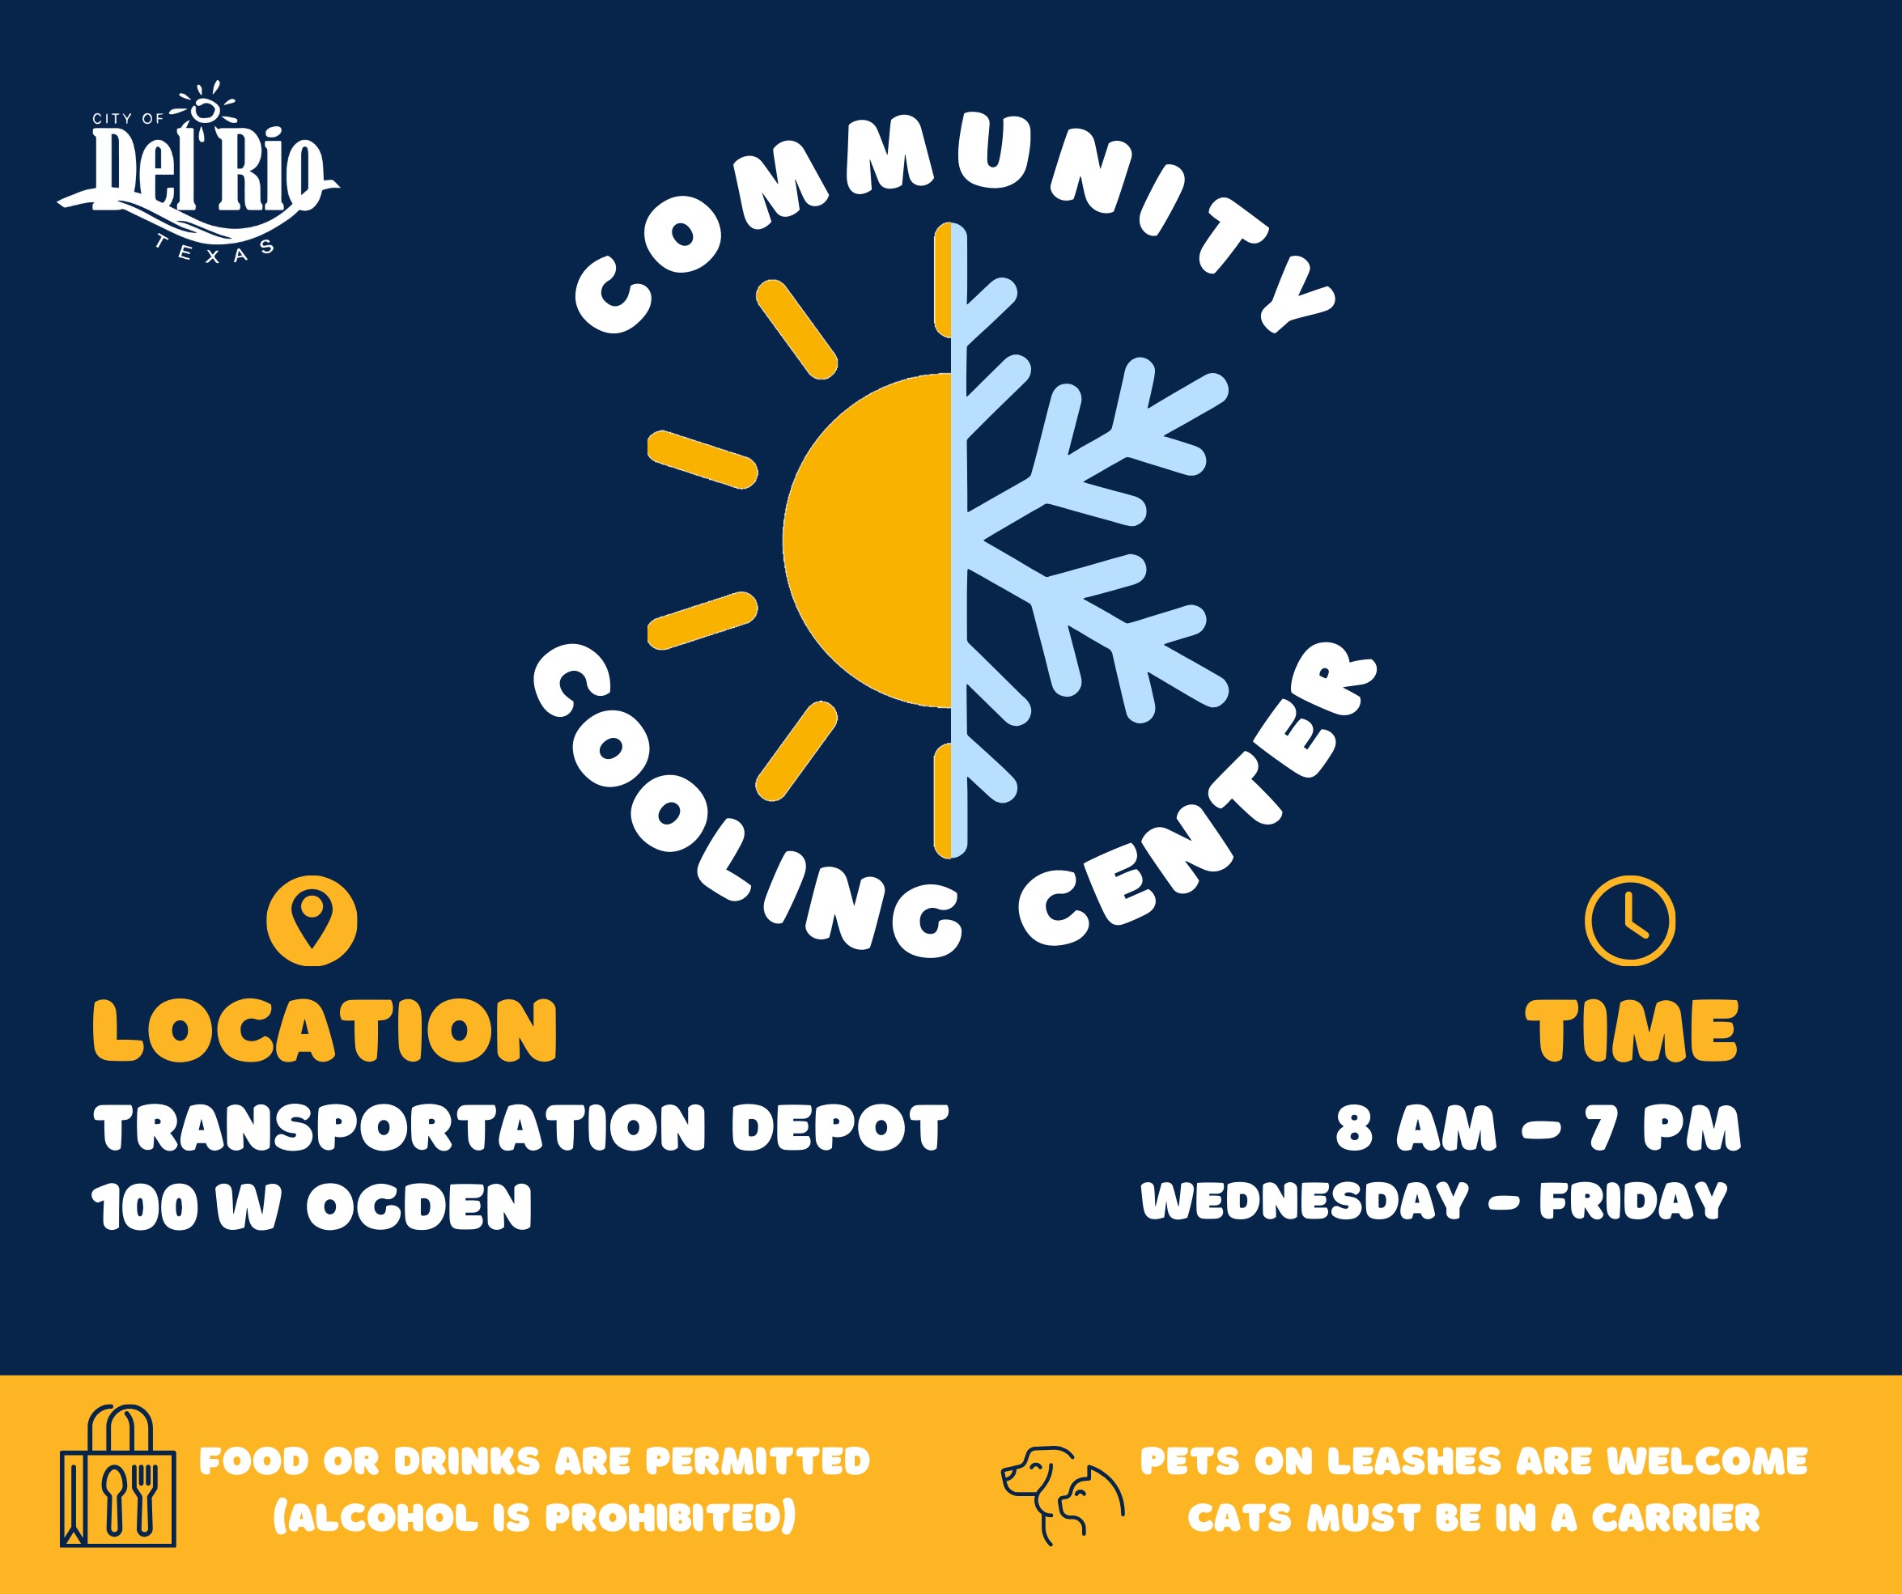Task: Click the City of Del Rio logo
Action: (198, 172)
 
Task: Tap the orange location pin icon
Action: (312, 920)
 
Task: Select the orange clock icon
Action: (1630, 920)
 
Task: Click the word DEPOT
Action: (839, 1128)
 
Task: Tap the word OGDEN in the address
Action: (419, 1206)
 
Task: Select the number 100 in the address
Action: (145, 1206)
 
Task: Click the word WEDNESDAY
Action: (1304, 1201)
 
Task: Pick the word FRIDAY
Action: (1633, 1201)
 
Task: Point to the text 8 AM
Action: (1416, 1129)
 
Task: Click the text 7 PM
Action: (1664, 1129)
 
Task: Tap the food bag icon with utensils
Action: (117, 1475)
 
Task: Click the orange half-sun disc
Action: (867, 540)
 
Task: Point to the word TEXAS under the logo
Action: (214, 250)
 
